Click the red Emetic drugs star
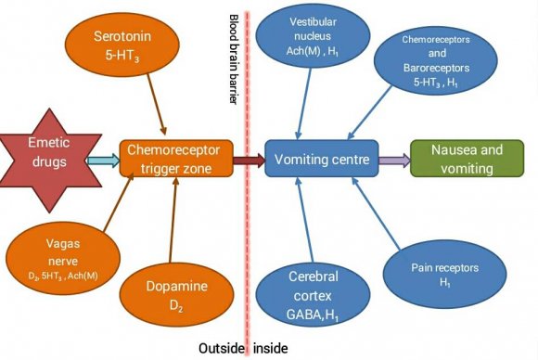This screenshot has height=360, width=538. click(50, 161)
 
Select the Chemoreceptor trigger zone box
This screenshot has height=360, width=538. click(176, 159)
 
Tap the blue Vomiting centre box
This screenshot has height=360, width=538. click(322, 159)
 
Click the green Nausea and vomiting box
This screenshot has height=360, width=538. click(467, 159)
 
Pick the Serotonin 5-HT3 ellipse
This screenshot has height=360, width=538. click(122, 45)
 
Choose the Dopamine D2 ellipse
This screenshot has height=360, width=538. click(176, 295)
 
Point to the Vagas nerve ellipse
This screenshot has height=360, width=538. click(63, 259)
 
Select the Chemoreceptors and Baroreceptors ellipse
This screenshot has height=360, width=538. click(436, 60)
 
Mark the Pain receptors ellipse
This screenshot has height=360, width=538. click(444, 275)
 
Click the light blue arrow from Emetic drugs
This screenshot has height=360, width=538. click(104, 161)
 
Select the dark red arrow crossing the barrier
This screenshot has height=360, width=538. click(250, 161)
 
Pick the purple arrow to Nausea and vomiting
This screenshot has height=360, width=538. click(394, 161)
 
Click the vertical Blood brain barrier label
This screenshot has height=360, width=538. click(234, 59)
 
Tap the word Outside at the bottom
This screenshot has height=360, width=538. click(222, 348)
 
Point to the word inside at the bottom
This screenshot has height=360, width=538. click(270, 348)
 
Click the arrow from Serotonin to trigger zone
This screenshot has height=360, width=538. click(157, 104)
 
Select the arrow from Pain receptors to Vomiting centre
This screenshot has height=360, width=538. click(376, 213)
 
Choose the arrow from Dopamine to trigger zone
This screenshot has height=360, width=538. click(173, 220)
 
